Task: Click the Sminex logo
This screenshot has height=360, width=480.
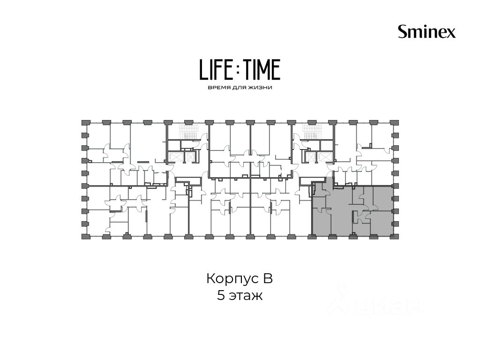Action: click(x=427, y=31)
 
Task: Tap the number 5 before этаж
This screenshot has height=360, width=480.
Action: click(x=221, y=295)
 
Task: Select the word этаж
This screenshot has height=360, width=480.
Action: click(x=246, y=296)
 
